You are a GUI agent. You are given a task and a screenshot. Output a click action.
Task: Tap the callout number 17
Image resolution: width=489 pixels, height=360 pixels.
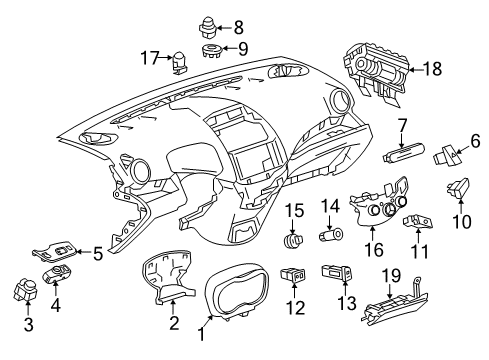coord(151,58)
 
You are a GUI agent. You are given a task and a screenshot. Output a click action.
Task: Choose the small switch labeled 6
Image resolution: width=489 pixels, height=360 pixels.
coord(445,157)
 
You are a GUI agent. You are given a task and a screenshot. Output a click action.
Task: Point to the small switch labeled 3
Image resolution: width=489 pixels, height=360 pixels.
coord(24,293)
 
